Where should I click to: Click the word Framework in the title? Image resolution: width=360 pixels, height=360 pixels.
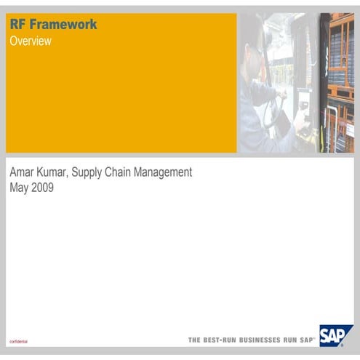pyautogui.click(x=62, y=25)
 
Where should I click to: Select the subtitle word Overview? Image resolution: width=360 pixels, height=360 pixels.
pyautogui.click(x=31, y=41)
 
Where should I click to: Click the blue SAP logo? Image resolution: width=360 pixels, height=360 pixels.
pyautogui.click(x=336, y=337)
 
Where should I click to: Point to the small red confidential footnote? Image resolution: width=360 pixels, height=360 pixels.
pyautogui.click(x=18, y=341)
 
